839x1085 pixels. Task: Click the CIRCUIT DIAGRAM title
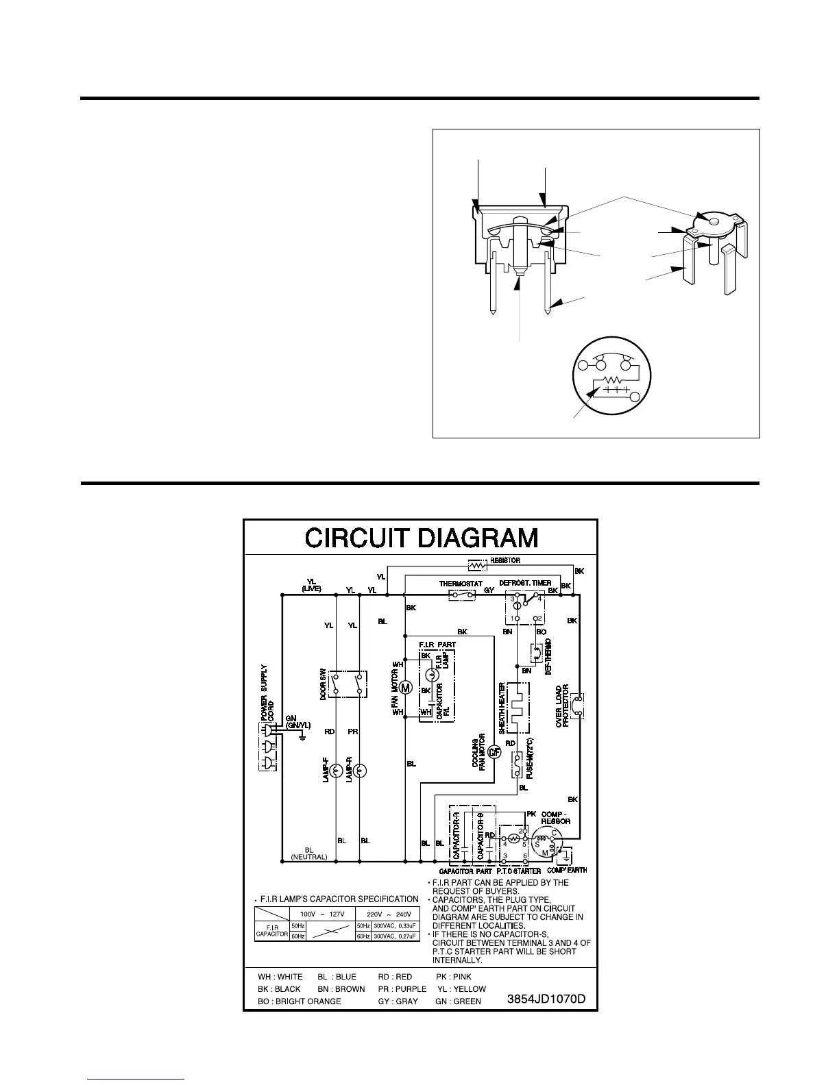click(x=421, y=538)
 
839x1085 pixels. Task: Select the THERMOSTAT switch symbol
click(x=462, y=595)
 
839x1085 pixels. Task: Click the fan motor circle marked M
click(x=404, y=688)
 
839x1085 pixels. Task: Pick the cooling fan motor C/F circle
click(x=494, y=752)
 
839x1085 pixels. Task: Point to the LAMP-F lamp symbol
click(x=336, y=771)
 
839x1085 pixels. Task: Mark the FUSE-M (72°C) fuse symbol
click(x=518, y=765)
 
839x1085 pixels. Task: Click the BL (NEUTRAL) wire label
click(x=308, y=853)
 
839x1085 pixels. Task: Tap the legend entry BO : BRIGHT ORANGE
click(x=300, y=1001)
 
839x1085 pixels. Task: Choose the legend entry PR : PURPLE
click(x=402, y=989)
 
